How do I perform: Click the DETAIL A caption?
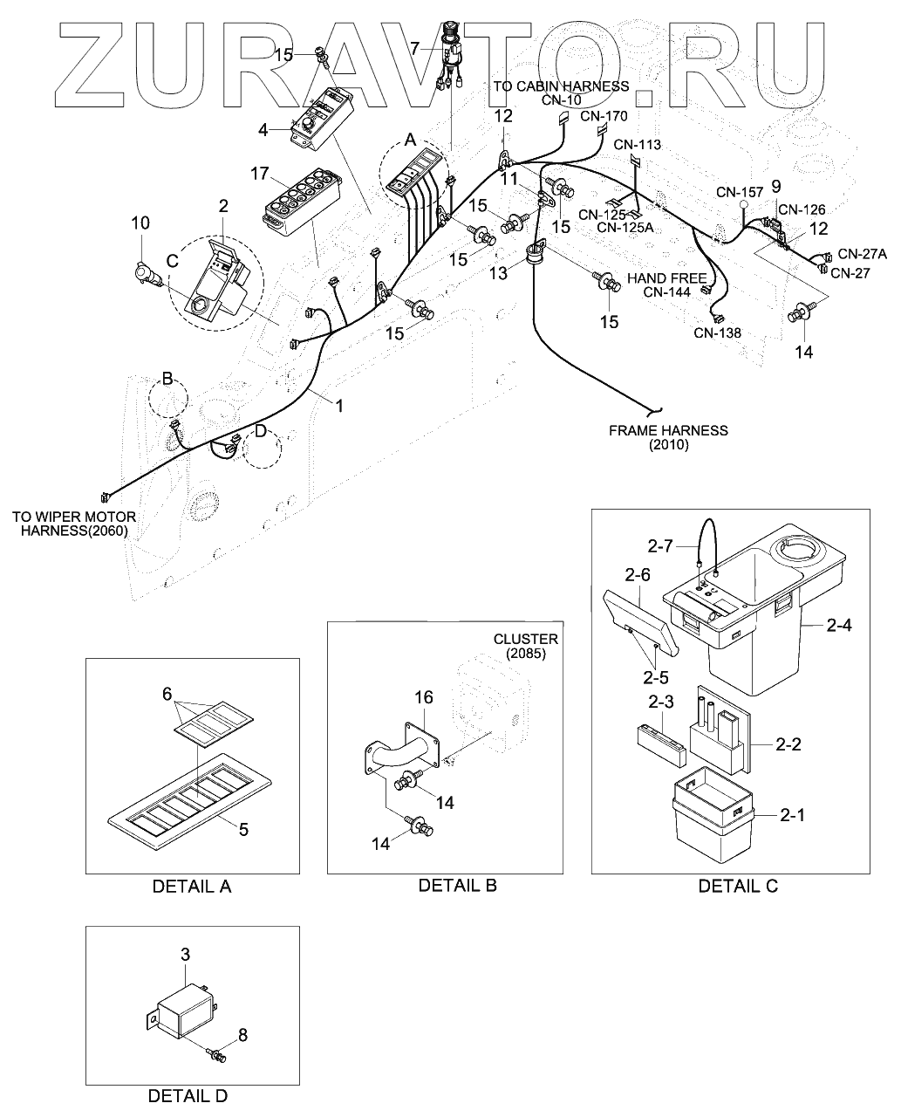pyautogui.click(x=192, y=887)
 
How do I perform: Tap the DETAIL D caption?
pyautogui.click(x=188, y=1096)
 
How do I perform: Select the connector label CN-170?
pyautogui.click(x=604, y=115)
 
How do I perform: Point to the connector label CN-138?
pyautogui.click(x=718, y=332)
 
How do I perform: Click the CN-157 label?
pyautogui.click(x=740, y=192)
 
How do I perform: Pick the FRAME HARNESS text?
pyautogui.click(x=668, y=430)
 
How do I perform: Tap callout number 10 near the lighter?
pyautogui.click(x=140, y=224)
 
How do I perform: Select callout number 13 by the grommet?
pyautogui.click(x=496, y=274)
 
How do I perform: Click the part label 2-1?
pyautogui.click(x=793, y=815)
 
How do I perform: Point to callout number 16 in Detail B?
pyautogui.click(x=423, y=697)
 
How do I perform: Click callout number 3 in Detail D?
pyautogui.click(x=185, y=955)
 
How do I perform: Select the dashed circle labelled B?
pyautogui.click(x=167, y=400)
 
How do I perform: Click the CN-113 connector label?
pyautogui.click(x=637, y=145)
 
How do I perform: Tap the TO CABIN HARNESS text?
pyautogui.click(x=560, y=86)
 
